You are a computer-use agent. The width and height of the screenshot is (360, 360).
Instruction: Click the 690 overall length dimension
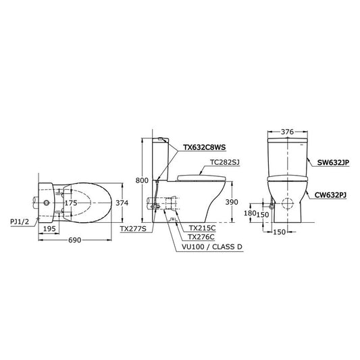point(75,240)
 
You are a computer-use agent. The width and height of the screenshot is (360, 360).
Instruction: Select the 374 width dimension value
point(122,203)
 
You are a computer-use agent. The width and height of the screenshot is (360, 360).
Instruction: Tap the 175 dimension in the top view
point(71,203)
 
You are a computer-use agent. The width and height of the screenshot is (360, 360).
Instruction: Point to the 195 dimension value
point(49,229)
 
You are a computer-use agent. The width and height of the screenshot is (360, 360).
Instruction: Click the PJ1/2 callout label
point(20,222)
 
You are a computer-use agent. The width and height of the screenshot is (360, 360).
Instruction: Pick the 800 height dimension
point(142,180)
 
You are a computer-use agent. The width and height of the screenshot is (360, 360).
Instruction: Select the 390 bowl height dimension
point(232,202)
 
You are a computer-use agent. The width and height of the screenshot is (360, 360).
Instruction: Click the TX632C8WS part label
point(205,147)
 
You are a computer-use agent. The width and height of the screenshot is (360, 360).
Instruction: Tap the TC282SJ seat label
point(225,163)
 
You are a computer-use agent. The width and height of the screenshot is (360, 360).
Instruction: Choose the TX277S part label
point(133,229)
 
